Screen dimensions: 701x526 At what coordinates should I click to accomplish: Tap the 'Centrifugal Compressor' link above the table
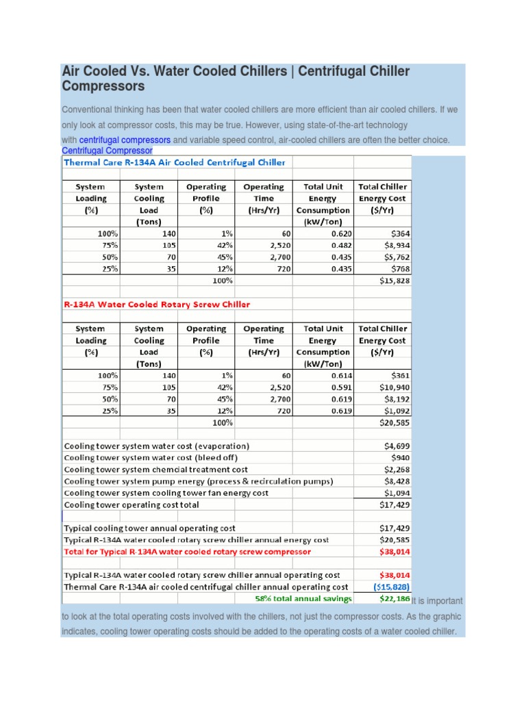[107, 151]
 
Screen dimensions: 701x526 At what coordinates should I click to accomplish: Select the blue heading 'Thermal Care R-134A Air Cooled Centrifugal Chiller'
[175, 162]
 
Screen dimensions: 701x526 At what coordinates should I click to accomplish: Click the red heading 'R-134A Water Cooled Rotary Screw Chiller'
[157, 304]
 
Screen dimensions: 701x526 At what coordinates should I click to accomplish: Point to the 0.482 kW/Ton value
[342, 245]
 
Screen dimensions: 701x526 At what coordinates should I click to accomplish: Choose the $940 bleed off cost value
[400, 457]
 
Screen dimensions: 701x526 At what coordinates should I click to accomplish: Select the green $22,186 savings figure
[394, 599]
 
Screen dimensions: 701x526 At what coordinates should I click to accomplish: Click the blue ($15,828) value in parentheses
[392, 587]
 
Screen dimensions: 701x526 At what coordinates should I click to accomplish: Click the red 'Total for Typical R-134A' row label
[187, 551]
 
